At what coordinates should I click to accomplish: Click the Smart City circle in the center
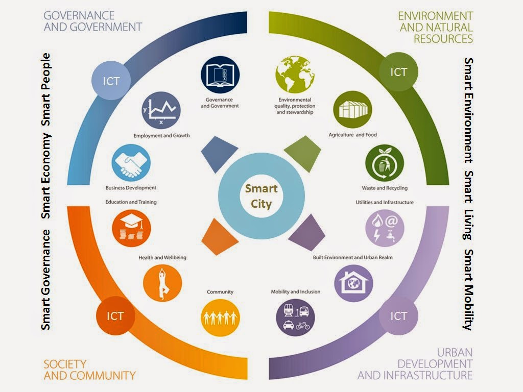261,196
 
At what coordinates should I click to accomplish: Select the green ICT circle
398,72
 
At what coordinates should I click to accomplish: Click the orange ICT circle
115,316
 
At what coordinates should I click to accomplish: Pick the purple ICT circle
398,316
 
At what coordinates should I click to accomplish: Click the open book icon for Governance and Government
220,76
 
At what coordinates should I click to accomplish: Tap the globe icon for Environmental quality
295,75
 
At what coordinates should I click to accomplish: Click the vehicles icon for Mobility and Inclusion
295,317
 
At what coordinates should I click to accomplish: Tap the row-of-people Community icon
220,317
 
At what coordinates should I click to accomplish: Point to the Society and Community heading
89,370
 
